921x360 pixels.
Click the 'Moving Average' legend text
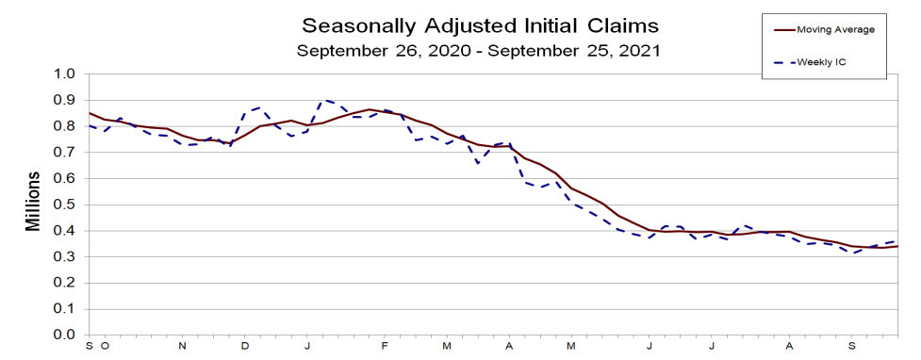[x=836, y=29]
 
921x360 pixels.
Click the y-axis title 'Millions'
[x=33, y=202]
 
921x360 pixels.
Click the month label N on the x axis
[x=183, y=346]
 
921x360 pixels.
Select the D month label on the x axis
[x=245, y=346]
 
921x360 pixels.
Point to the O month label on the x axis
[x=104, y=346]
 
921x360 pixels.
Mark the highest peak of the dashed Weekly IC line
[x=325, y=100]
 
